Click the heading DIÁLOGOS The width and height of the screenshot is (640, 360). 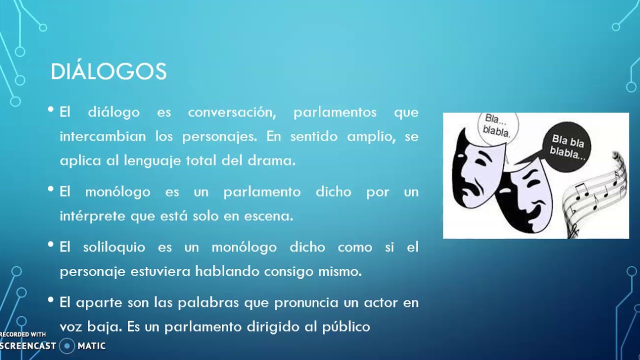tap(108, 72)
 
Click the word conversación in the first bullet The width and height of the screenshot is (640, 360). tap(231, 112)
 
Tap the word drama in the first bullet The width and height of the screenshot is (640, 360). tap(278, 161)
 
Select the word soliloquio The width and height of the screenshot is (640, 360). tap(114, 247)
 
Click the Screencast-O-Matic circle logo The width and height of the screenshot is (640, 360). tap(67, 345)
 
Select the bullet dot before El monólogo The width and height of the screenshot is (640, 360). tap(50, 189)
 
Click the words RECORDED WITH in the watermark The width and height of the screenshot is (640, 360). tap(23, 334)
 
